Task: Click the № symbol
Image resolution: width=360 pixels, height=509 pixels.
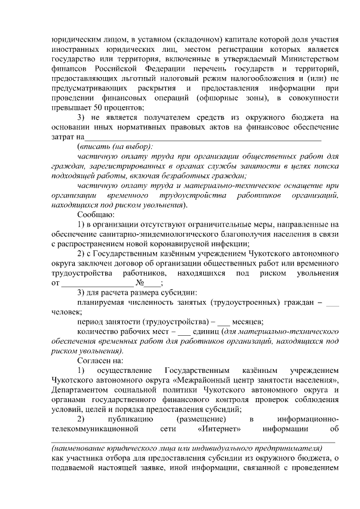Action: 149,283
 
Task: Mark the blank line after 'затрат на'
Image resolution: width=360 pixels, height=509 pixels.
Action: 202,137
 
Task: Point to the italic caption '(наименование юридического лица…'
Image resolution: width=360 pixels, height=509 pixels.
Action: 186,448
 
